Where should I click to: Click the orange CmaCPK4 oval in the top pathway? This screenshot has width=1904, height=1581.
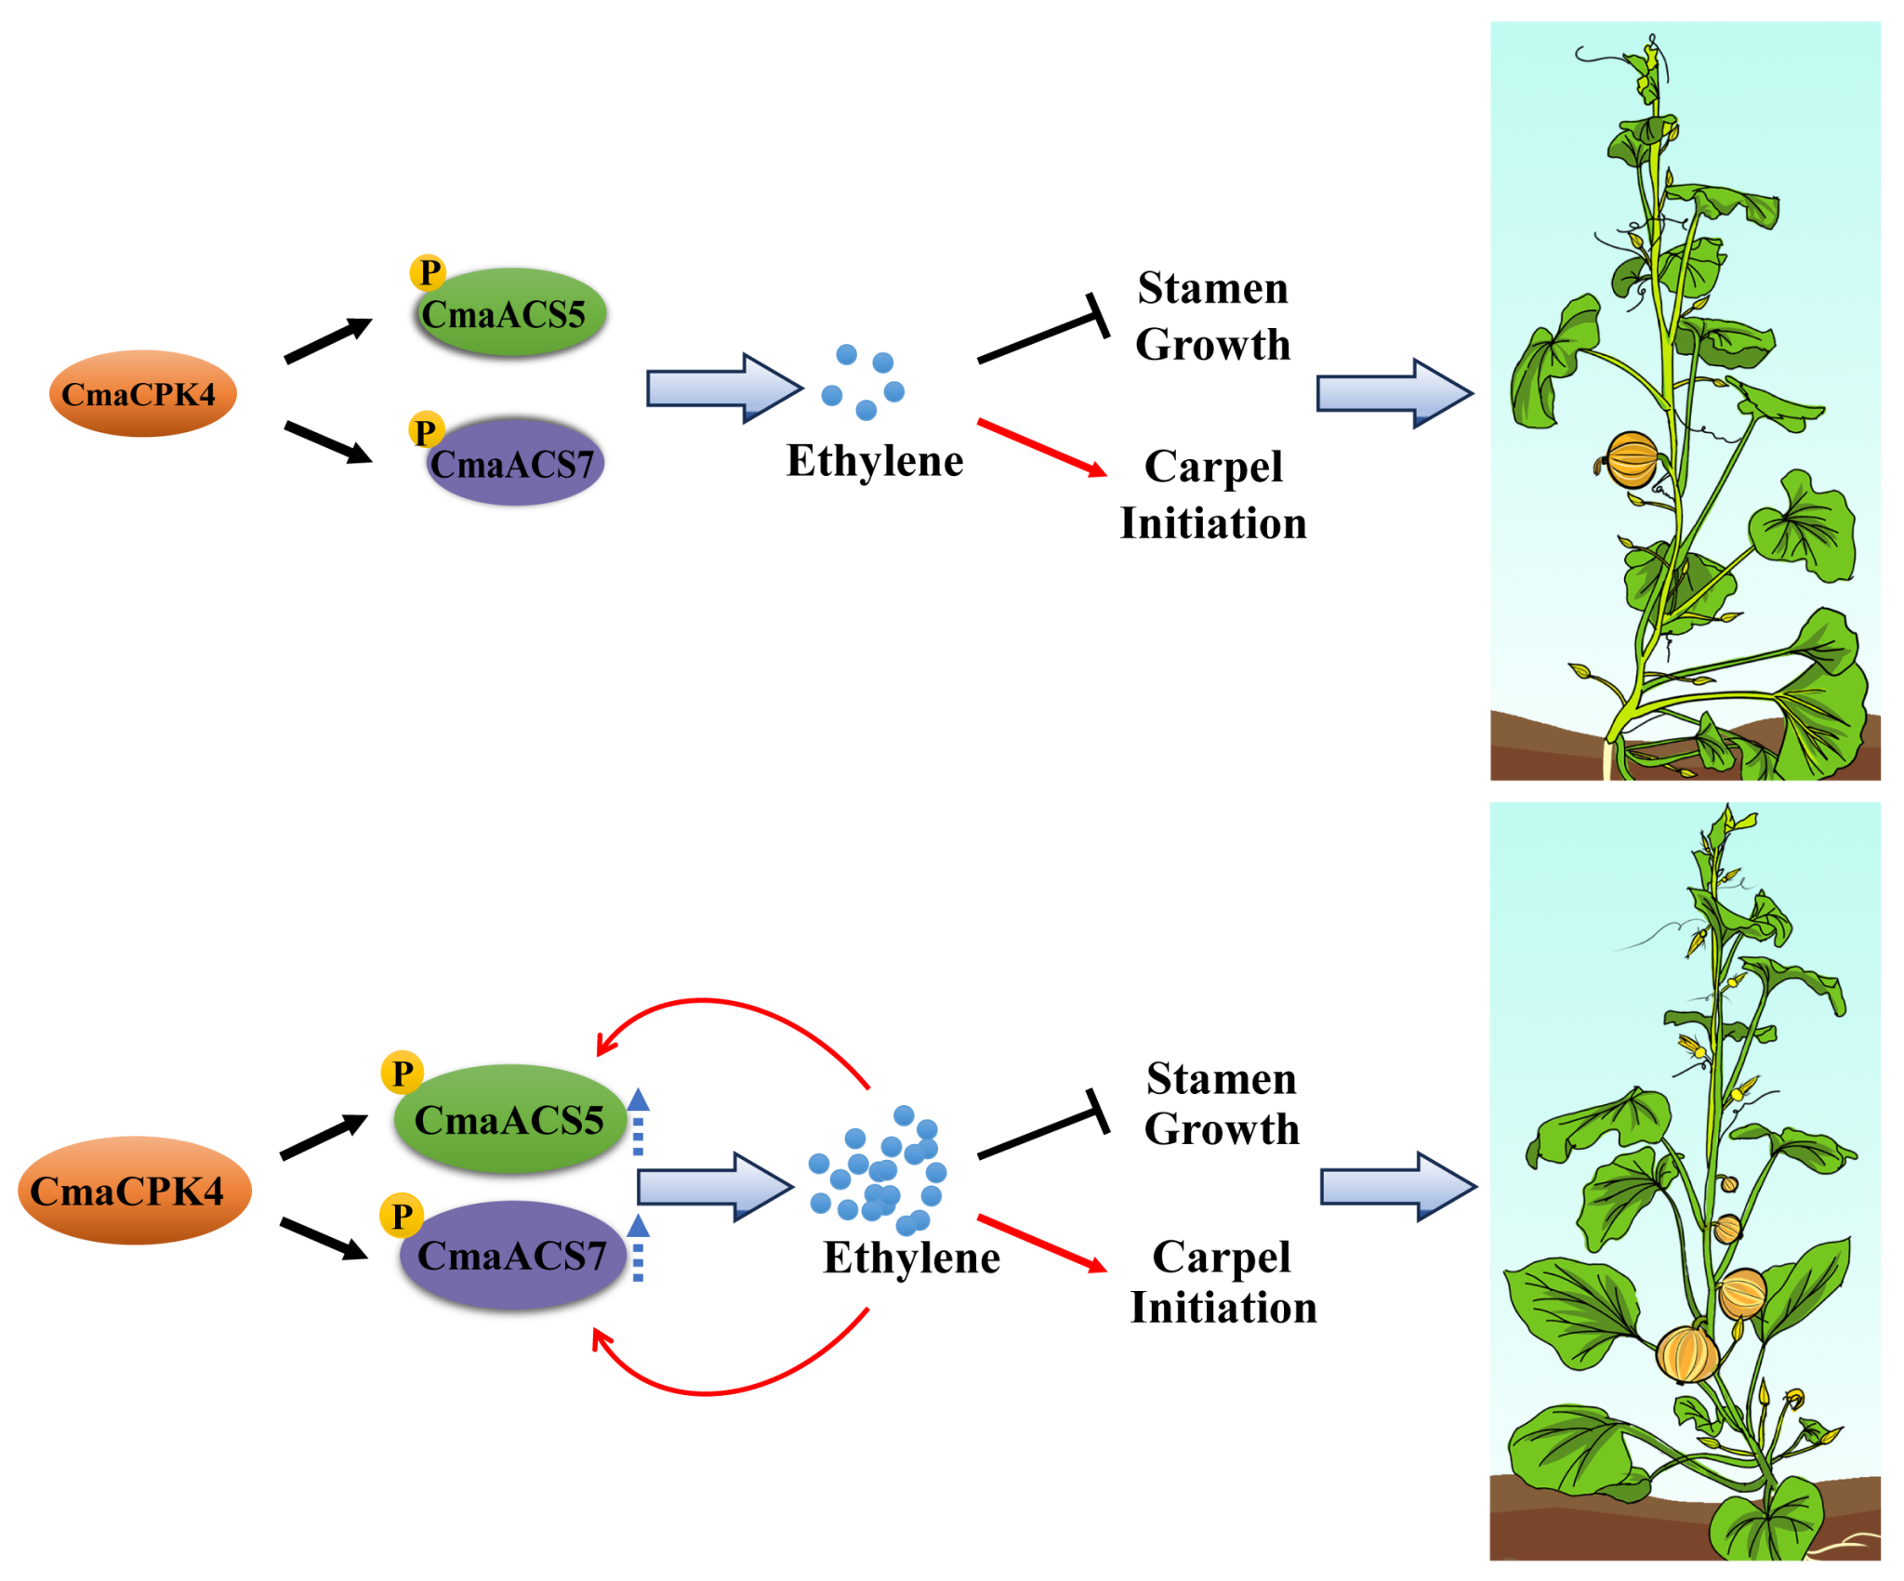coord(142,393)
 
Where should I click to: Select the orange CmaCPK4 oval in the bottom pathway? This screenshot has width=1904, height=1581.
coord(134,1190)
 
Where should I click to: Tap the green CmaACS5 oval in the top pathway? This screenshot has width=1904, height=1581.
coord(511,312)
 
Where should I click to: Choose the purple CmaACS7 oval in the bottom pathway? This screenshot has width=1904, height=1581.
coord(512,1255)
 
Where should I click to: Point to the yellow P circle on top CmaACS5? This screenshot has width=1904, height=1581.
coord(429,272)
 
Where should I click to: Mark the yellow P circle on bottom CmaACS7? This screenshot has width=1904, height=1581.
coord(402,1216)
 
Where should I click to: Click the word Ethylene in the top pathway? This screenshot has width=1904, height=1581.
coord(874,461)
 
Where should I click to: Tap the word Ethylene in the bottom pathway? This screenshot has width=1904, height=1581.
coord(911,1258)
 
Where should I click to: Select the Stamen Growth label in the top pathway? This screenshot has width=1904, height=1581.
coord(1213,316)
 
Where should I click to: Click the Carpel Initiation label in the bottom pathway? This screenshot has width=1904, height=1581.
coord(1223,1282)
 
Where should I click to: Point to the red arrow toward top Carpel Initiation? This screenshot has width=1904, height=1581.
coord(1041,448)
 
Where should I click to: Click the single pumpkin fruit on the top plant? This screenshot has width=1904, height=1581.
coord(1632,460)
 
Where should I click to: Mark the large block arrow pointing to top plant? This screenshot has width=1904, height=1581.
coord(1395,393)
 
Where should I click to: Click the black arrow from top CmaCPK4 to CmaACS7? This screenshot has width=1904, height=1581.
coord(327,441)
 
